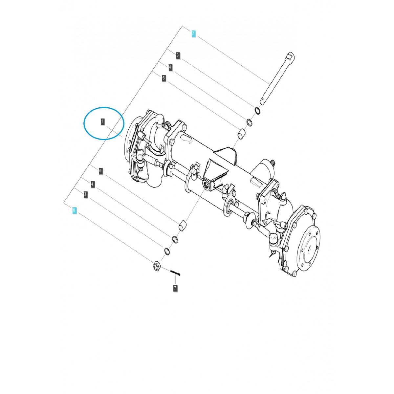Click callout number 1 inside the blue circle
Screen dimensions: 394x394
[x=102, y=122]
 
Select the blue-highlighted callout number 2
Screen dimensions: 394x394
[x=193, y=33]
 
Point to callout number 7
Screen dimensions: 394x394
[x=175, y=288]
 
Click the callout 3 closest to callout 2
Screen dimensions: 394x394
[x=178, y=55]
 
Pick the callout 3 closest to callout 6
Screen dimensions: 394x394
[x=85, y=194]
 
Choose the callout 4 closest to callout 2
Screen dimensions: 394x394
[x=170, y=68]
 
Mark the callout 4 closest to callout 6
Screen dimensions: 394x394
[x=93, y=185]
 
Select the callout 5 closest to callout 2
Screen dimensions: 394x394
[x=164, y=78]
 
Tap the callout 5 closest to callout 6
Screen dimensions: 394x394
[x=101, y=171]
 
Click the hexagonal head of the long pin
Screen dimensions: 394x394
[x=291, y=56]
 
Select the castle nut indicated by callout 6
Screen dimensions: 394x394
[x=157, y=265]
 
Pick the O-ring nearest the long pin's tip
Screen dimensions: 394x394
[x=258, y=111]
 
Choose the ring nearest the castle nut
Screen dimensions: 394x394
[x=167, y=251]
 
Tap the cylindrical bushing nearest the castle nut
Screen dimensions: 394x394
[x=183, y=226]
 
